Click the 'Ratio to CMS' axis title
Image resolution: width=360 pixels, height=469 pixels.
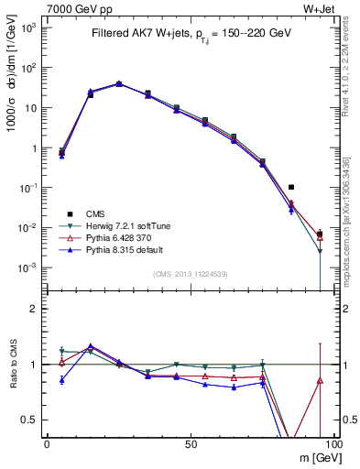coord(11,365)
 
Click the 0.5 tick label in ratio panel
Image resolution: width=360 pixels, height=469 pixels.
coord(29,420)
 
